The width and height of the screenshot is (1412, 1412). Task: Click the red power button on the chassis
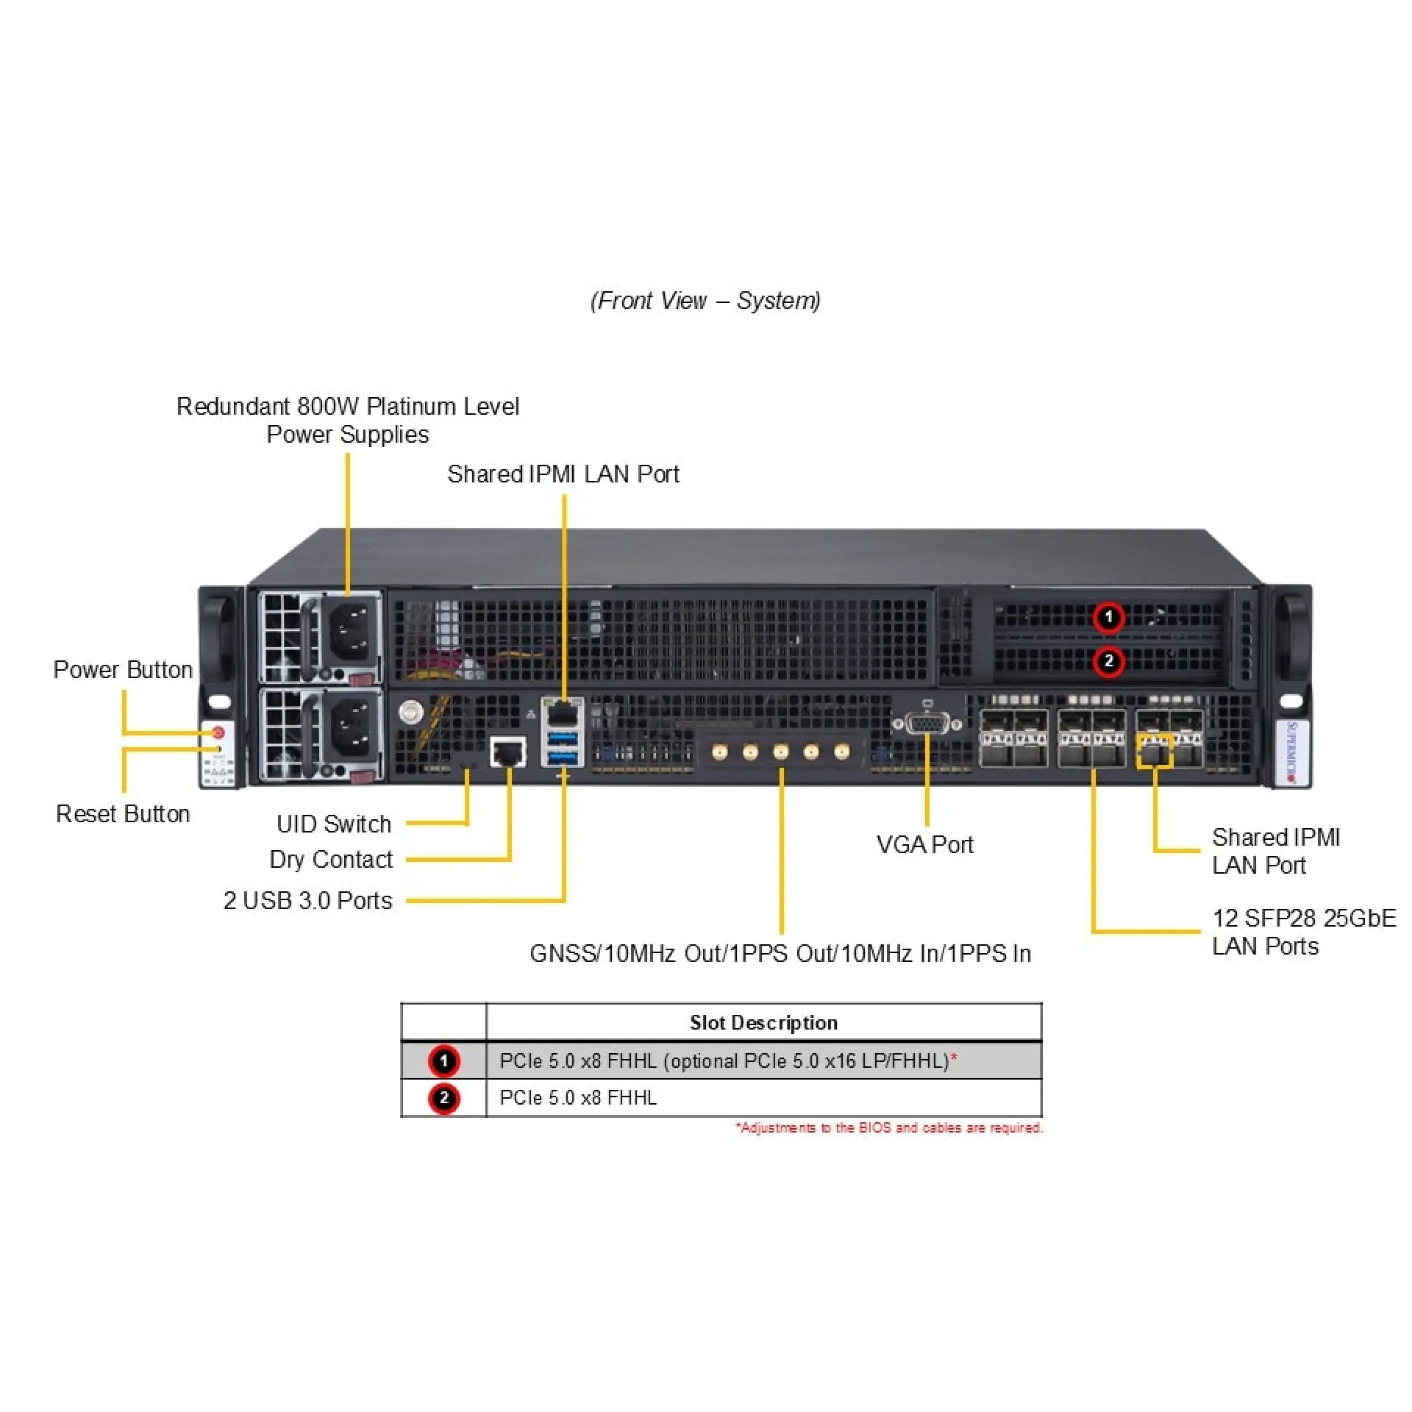click(x=218, y=733)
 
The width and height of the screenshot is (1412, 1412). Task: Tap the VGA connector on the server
click(x=927, y=724)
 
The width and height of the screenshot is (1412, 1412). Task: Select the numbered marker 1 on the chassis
click(x=1108, y=617)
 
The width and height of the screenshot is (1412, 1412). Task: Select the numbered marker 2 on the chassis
click(x=1108, y=661)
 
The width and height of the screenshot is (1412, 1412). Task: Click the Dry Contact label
click(x=331, y=859)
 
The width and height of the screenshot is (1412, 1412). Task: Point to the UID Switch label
click(x=334, y=824)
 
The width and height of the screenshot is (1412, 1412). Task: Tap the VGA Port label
click(x=924, y=844)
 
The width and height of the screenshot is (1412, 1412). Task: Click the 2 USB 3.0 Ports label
click(x=307, y=900)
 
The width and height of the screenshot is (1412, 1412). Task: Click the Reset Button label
click(x=123, y=813)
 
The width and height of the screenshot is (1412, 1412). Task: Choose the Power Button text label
click(x=123, y=669)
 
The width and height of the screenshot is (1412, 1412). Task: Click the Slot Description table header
click(x=763, y=1022)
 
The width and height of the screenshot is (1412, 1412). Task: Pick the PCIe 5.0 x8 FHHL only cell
click(x=578, y=1097)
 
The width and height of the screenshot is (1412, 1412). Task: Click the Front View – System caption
click(x=705, y=300)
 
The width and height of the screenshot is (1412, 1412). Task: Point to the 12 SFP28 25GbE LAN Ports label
click(x=1302, y=932)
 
